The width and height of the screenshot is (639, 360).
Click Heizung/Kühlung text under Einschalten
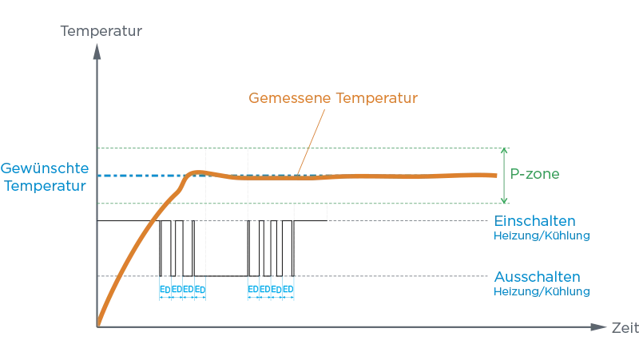542,236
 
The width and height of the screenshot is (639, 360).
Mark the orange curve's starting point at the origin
98,322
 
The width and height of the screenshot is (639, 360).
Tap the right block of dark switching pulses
270,248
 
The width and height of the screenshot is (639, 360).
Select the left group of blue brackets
181,288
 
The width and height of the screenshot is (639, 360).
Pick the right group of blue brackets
272,288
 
